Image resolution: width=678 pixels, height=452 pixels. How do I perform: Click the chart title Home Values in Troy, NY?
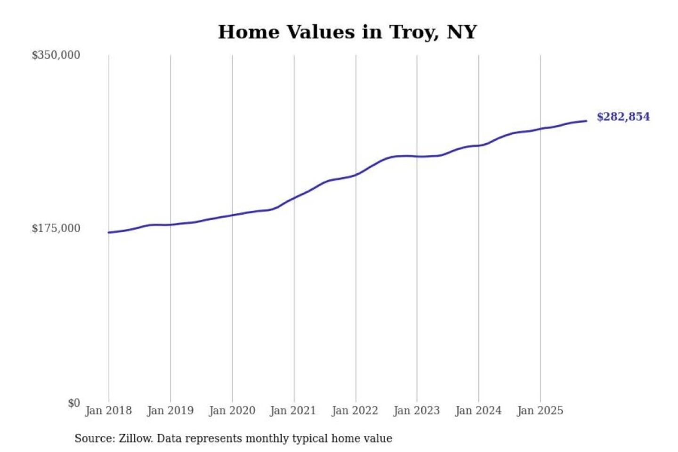coord(347,32)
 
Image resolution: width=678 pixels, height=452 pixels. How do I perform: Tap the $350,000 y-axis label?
coord(56,55)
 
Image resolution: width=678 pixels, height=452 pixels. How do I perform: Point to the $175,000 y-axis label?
coord(56,228)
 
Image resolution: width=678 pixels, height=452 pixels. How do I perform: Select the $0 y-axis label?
coord(74,403)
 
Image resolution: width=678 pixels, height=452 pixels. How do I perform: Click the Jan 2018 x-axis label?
coord(108,411)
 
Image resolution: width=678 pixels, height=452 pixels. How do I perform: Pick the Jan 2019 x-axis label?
coord(170,411)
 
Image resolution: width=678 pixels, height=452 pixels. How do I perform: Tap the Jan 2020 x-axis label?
coord(232,411)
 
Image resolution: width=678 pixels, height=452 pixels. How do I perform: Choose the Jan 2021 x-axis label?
coord(293,411)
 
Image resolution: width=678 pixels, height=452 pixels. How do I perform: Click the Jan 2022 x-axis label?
coord(355,411)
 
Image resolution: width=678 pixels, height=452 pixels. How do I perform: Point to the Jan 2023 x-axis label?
coord(416,411)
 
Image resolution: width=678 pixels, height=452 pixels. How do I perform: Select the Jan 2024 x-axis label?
coord(478,411)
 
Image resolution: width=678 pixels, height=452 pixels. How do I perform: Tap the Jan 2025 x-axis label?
coord(540,411)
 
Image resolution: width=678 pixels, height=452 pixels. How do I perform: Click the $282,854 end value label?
coord(623,117)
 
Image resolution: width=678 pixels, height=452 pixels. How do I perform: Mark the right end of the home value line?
coord(586,121)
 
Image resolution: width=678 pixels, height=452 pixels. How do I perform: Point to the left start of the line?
coord(109,233)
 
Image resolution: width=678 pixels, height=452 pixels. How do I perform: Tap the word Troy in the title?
coord(414,32)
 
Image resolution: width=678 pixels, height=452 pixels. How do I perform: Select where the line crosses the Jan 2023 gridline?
coord(417,156)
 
